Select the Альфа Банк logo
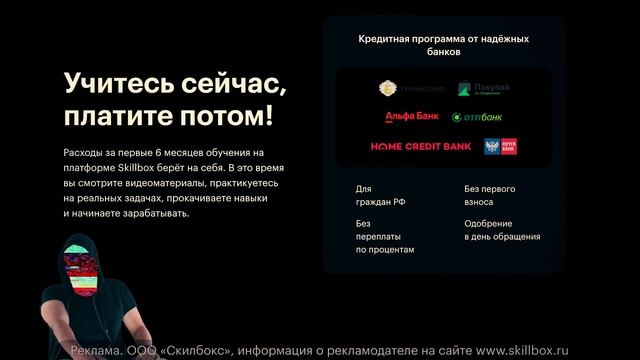click(x=411, y=117)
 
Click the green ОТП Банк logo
click(x=477, y=117)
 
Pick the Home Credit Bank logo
click(x=421, y=147)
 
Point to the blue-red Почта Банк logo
click(x=500, y=147)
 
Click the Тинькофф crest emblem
click(x=388, y=89)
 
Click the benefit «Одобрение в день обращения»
click(x=502, y=230)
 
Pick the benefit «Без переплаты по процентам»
click(x=384, y=237)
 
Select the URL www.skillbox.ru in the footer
click(x=521, y=351)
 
